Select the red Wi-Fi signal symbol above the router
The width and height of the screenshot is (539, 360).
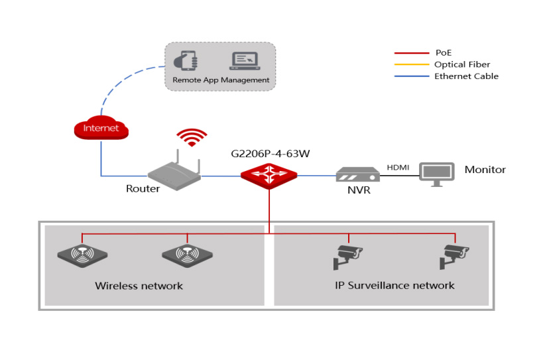coord(192,137)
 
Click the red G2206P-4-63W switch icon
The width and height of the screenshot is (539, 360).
coord(269,176)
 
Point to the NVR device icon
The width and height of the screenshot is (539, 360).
coord(357,174)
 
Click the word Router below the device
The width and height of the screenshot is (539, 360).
coord(143,189)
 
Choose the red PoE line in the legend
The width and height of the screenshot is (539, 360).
coord(410,53)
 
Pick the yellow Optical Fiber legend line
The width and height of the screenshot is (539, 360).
coord(410,64)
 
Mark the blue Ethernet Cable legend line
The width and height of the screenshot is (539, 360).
coord(410,76)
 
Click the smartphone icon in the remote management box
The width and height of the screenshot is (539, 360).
coord(185,60)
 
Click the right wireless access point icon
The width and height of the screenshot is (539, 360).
coord(187,255)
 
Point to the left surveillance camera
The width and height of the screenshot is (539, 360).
coord(347,255)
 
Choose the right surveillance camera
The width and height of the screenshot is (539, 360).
coord(455,255)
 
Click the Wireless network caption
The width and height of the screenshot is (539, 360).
coord(139,286)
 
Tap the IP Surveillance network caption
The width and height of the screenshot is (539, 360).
coord(394,285)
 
